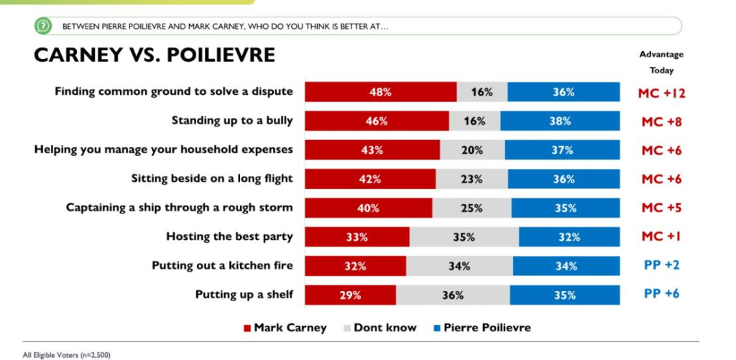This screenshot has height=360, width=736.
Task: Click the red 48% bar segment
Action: [380, 92]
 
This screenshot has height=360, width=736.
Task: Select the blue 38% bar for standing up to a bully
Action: [560, 121]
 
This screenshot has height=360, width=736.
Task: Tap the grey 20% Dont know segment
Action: [472, 150]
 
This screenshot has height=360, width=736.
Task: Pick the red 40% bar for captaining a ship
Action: [368, 208]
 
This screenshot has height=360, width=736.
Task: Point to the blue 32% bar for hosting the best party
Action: [569, 236]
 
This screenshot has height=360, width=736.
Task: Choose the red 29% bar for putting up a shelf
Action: [350, 295]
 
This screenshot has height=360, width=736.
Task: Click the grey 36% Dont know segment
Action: [453, 295]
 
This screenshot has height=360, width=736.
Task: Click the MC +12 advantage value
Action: [661, 93]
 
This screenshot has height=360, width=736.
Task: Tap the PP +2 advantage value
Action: [661, 265]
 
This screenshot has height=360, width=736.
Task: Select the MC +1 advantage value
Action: [661, 236]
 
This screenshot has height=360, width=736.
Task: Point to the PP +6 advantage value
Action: [661, 294]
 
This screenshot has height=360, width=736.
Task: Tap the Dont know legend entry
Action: [380, 328]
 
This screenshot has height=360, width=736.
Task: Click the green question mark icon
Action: [44, 27]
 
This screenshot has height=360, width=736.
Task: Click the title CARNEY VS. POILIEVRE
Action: [155, 55]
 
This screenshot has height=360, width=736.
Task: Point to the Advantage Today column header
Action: [661, 62]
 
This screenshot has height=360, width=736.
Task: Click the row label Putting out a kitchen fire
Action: [222, 265]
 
